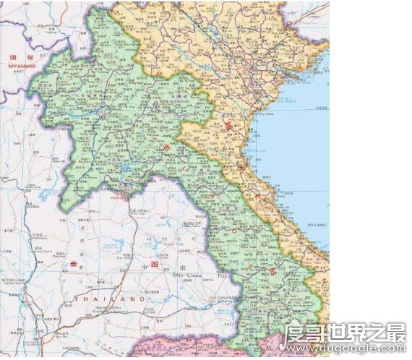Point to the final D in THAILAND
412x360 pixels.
[142, 299]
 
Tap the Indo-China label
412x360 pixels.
[186, 275]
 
